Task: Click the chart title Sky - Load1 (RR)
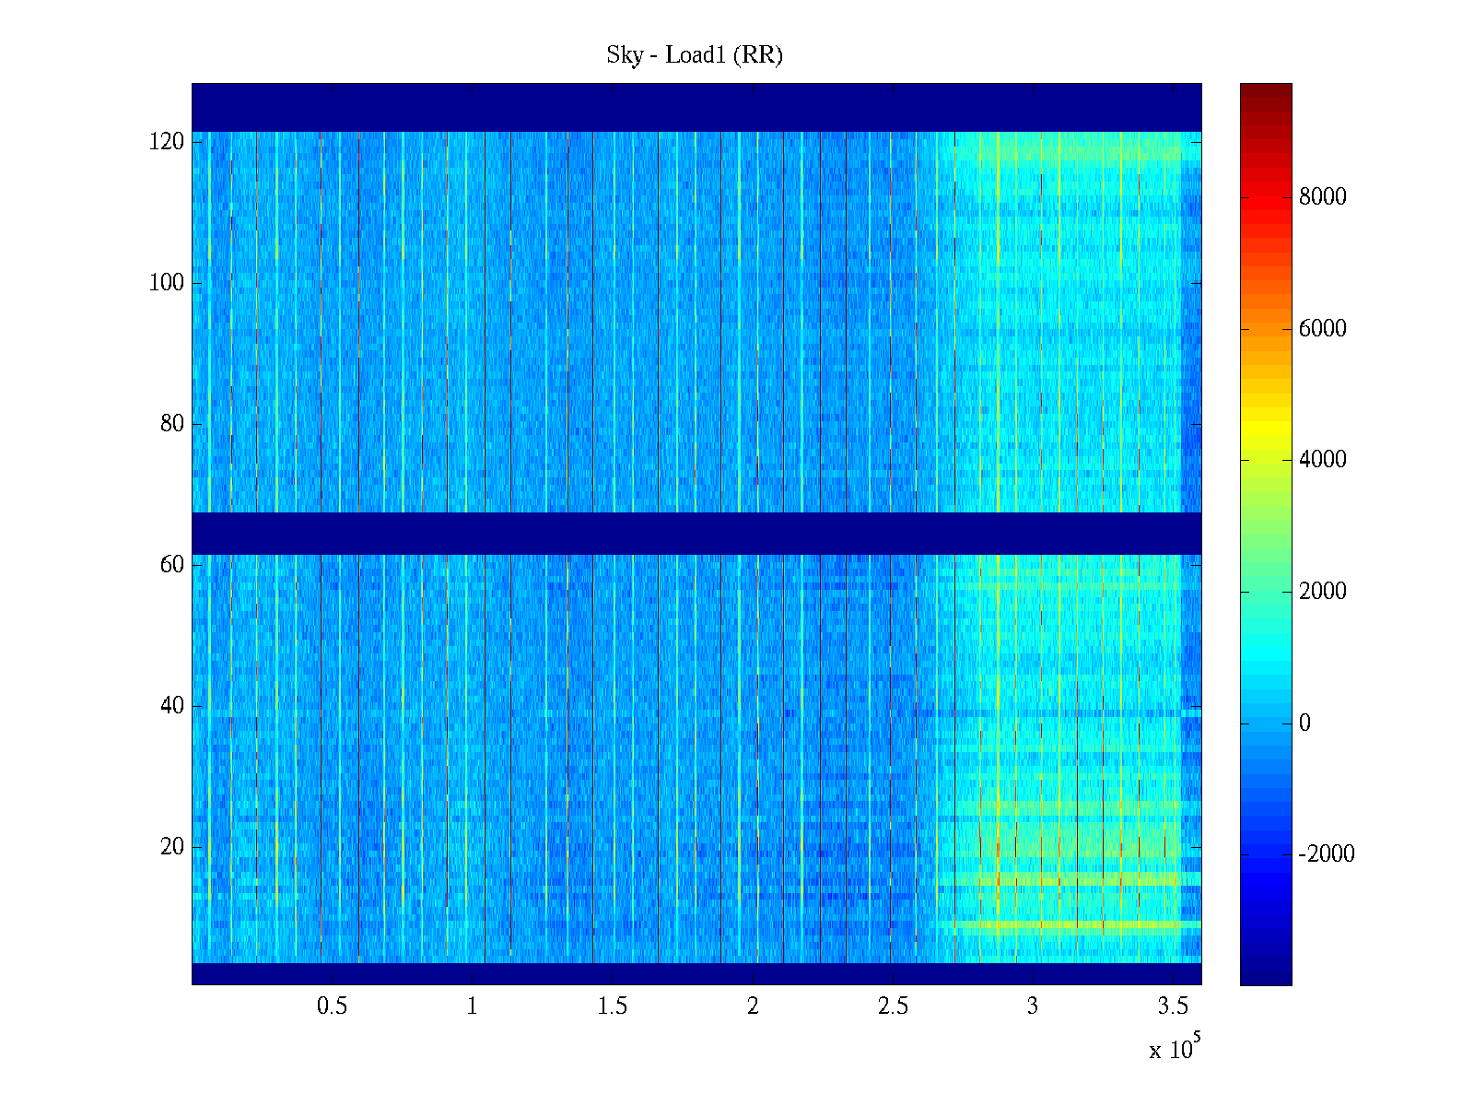[x=695, y=55]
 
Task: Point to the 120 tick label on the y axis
[x=167, y=142]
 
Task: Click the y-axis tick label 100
[x=167, y=283]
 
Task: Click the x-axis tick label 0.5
[x=332, y=1006]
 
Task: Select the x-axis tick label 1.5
[x=612, y=1006]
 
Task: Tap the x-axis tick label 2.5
[x=893, y=1006]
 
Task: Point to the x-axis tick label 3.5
[x=1173, y=1006]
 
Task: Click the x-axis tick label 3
[x=1033, y=1006]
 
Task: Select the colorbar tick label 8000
[x=1323, y=197]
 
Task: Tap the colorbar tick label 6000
[x=1323, y=329]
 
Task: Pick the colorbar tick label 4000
[x=1323, y=460]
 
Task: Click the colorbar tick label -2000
[x=1327, y=854]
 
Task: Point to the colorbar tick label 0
[x=1304, y=724]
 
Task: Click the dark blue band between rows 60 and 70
[x=696, y=534]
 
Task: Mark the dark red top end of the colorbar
[x=1266, y=89]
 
